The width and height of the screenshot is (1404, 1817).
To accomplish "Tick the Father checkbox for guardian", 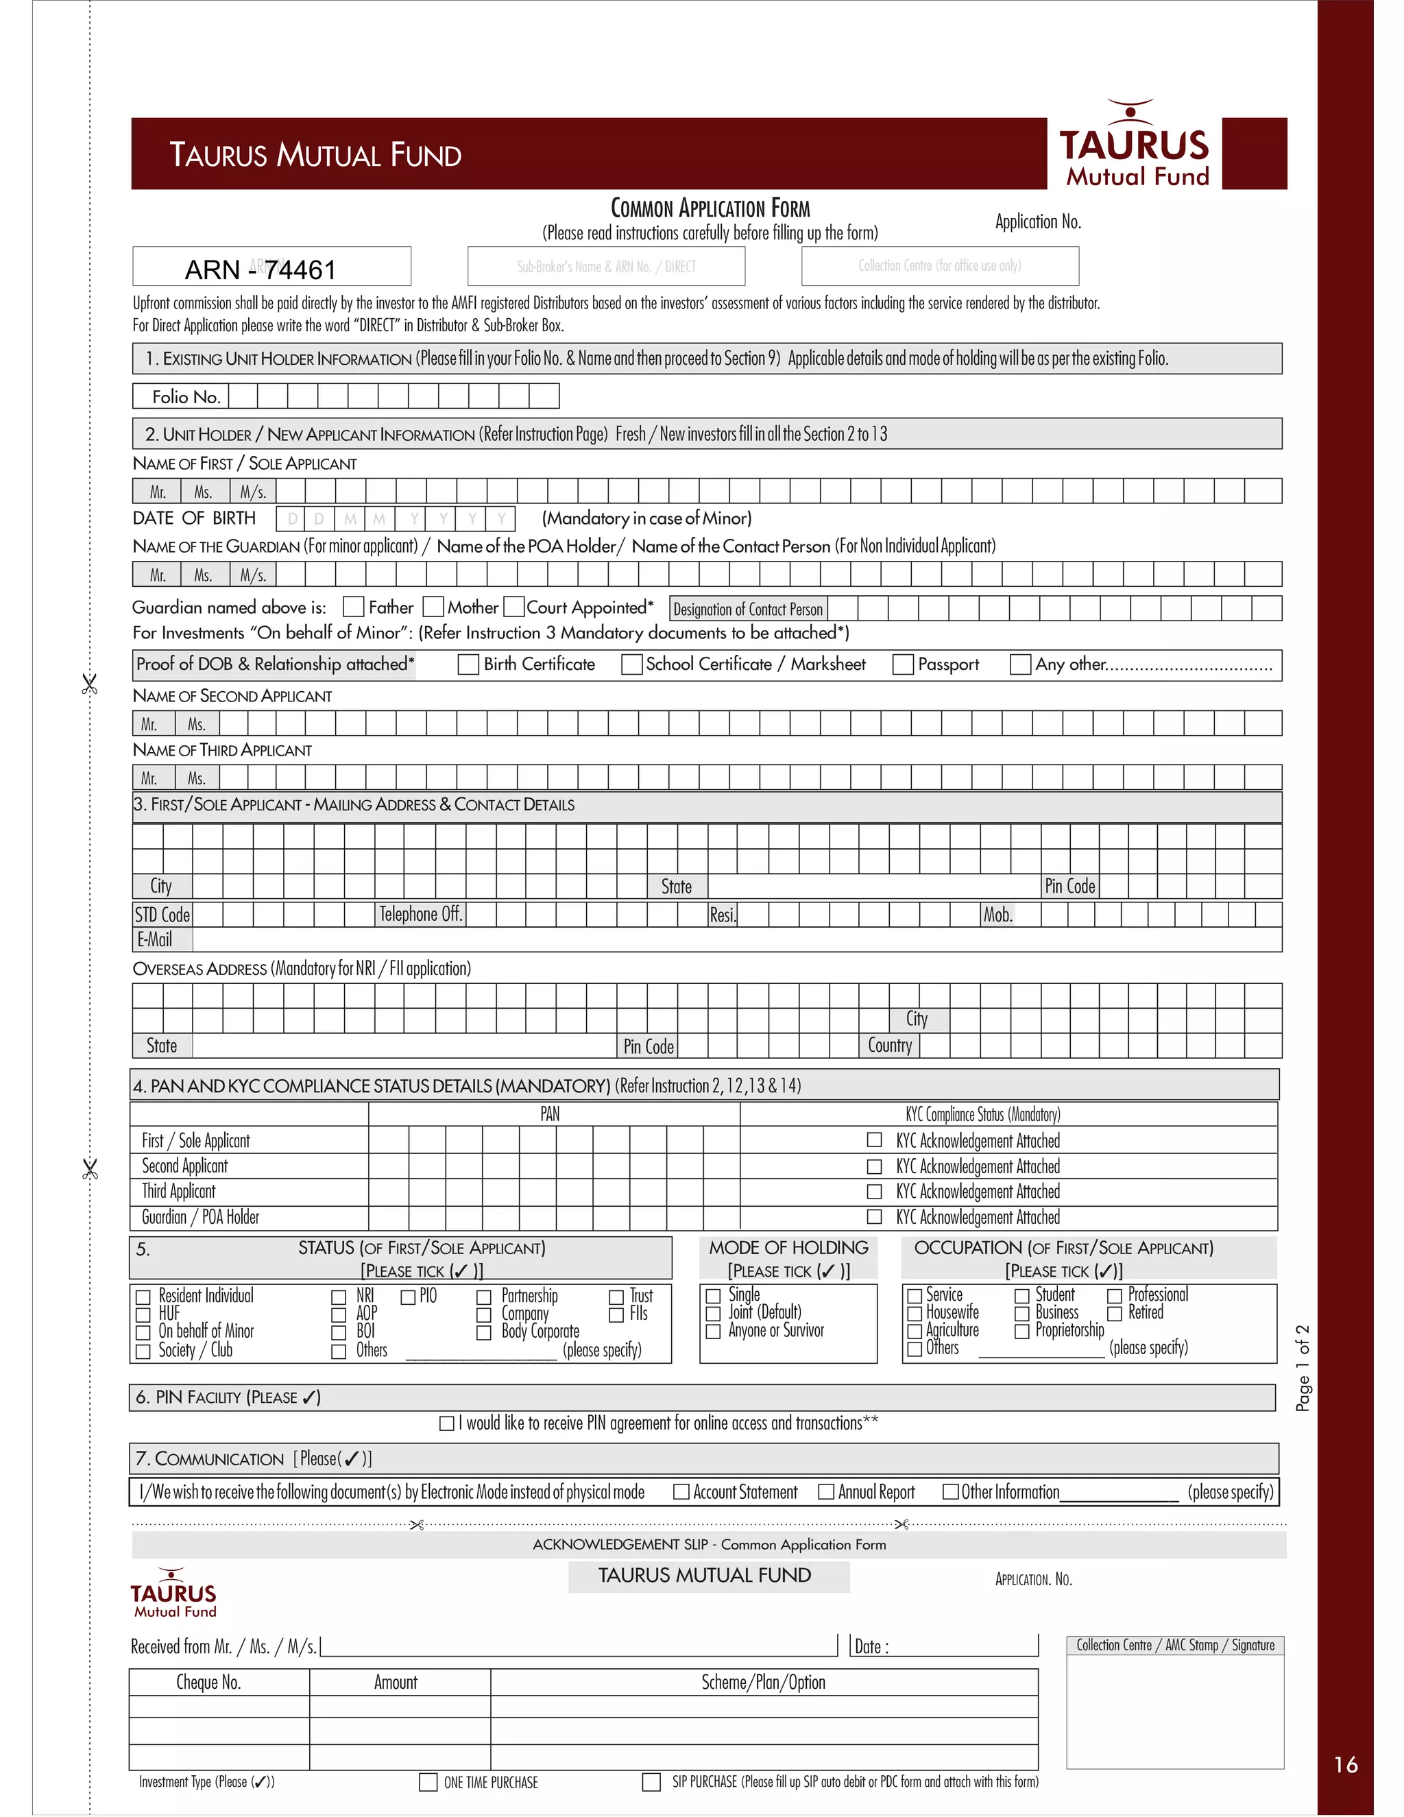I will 354,607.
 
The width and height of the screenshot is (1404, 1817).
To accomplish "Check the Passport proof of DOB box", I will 902,664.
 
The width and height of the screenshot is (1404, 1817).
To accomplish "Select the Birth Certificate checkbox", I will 468,664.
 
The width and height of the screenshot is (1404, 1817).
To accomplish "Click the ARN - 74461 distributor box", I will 271,267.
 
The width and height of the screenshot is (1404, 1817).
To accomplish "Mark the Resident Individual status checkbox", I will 143,1296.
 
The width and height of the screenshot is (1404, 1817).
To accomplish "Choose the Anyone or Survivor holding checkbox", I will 713,1331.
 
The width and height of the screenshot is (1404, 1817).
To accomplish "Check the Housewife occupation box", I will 914,1313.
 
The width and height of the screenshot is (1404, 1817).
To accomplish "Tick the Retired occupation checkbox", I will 1115,1313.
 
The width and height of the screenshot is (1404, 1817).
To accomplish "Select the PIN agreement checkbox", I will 447,1423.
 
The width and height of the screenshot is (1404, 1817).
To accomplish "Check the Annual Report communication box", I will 826,1492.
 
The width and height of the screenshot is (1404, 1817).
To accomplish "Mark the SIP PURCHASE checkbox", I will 651,1782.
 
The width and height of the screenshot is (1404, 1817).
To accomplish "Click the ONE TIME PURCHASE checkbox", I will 428,1782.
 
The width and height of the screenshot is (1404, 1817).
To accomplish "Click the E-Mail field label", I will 156,940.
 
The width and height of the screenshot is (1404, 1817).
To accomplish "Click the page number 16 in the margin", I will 1345,1764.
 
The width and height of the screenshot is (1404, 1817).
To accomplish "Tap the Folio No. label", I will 186,397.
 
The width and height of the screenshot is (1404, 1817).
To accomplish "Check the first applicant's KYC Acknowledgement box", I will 874,1140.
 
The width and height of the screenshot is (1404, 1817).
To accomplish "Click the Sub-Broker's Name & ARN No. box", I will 605,267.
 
